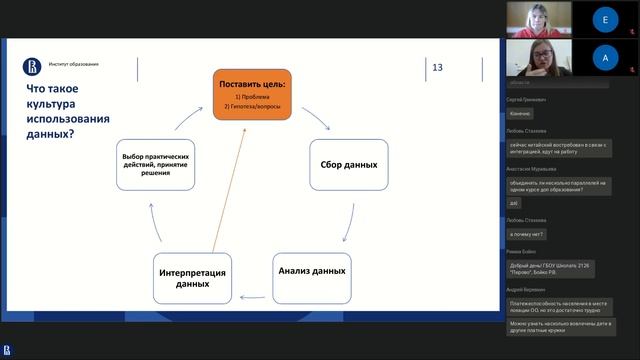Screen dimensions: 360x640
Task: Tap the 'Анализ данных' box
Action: [310, 271]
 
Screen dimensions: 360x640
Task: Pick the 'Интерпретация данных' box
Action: [190, 278]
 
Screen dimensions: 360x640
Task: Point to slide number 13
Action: [437, 68]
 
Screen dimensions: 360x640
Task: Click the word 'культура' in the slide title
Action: [52, 104]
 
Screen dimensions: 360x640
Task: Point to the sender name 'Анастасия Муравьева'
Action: [532, 169]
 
